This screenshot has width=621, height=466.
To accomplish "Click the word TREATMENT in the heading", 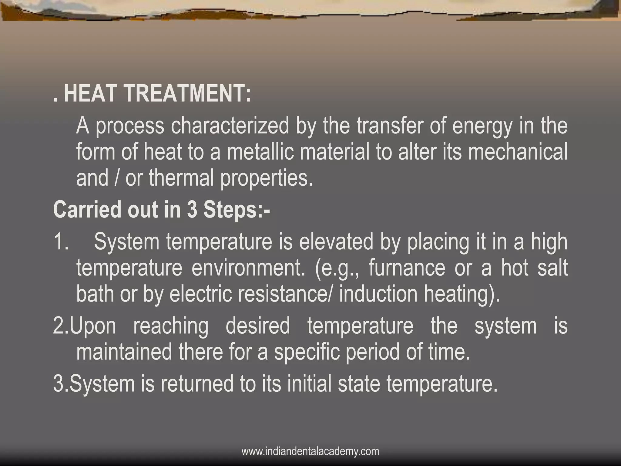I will (191, 93).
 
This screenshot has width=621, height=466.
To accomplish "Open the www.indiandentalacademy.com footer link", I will (310, 451).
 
